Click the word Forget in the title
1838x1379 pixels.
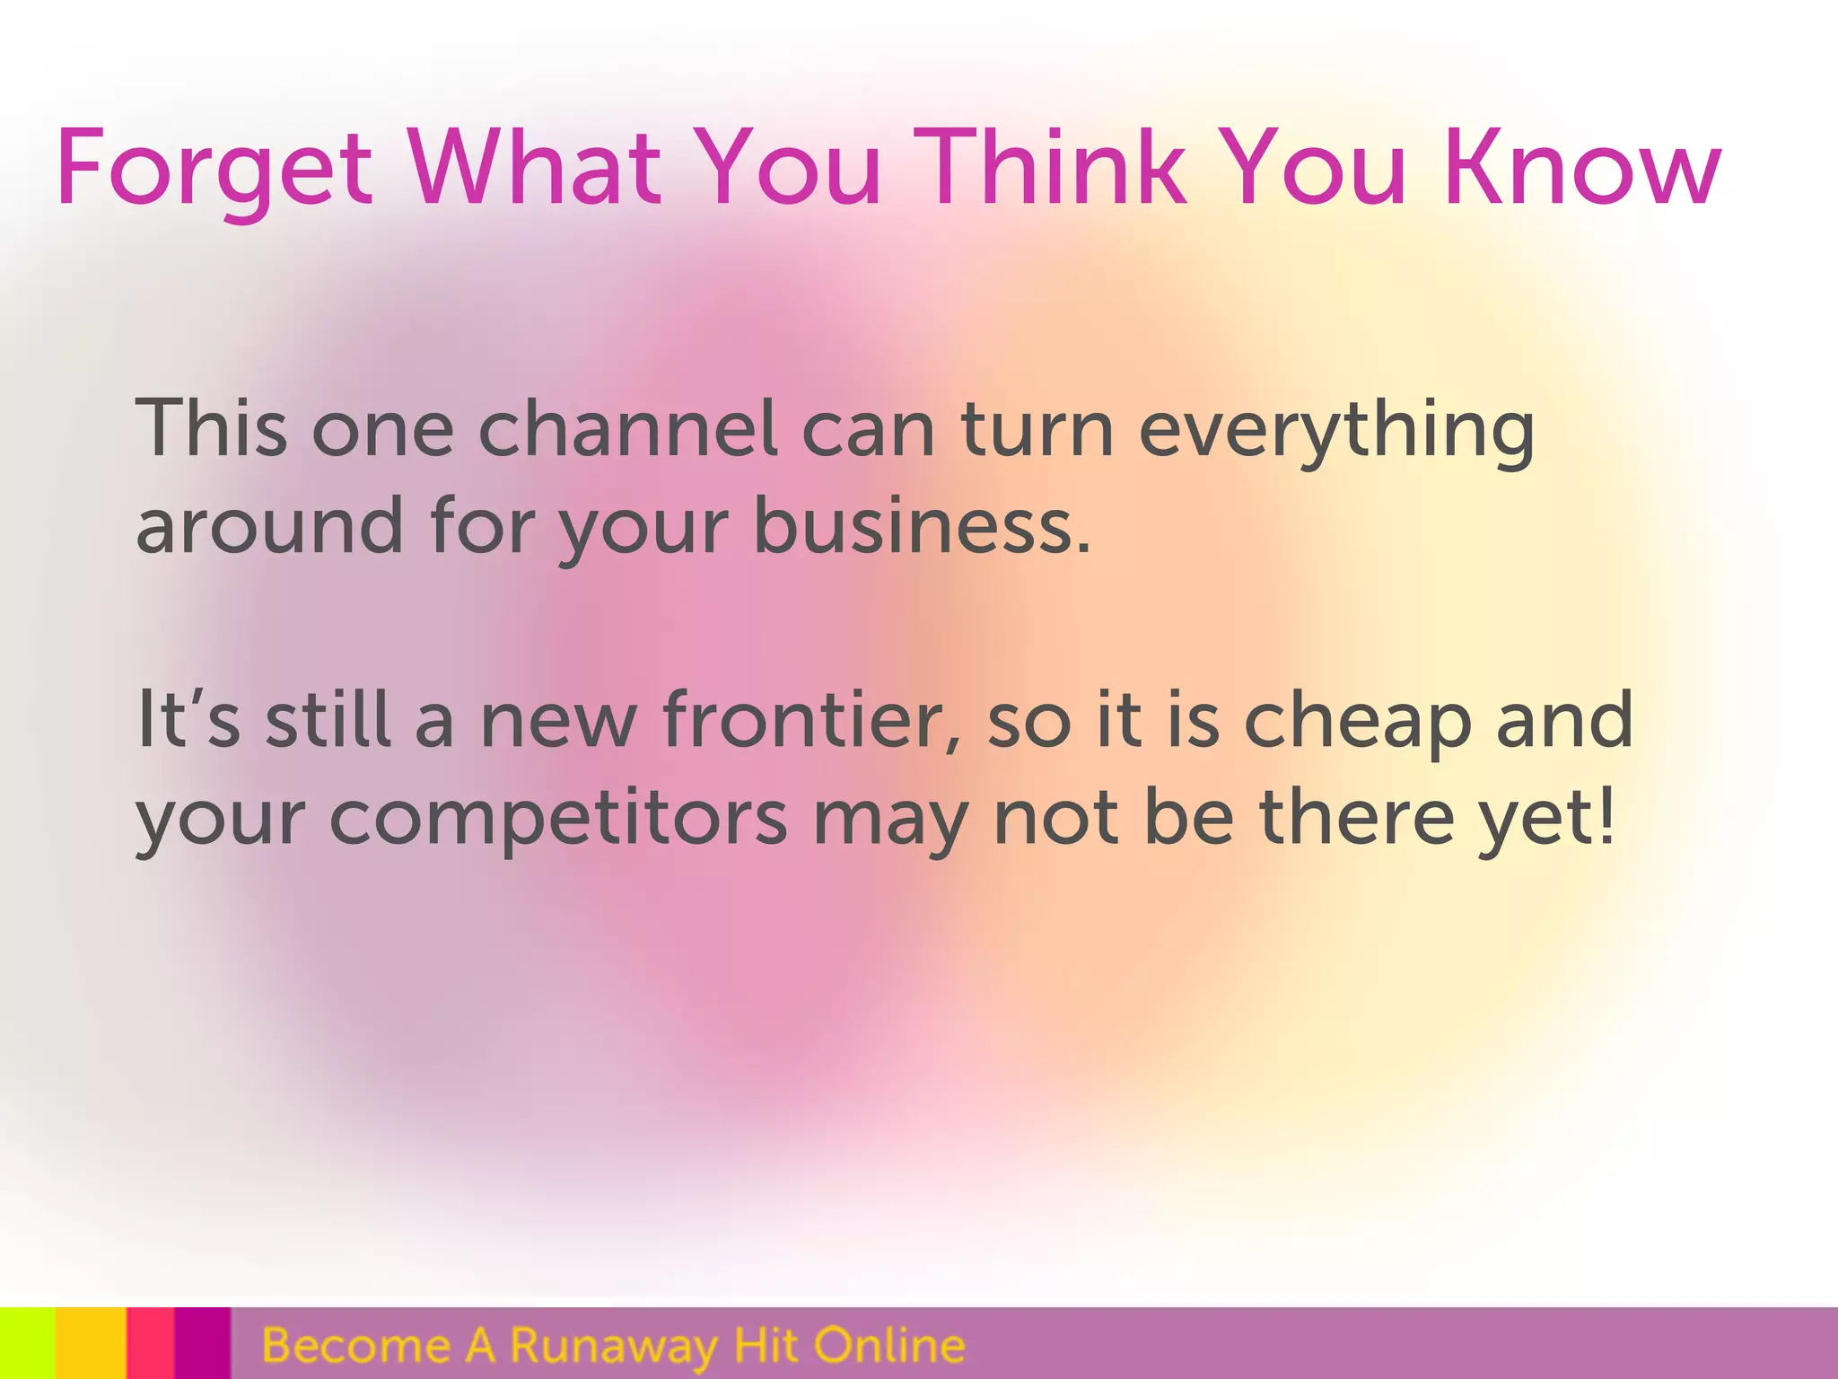(214, 169)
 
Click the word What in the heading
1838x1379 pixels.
(536, 169)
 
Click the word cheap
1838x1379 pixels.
(1357, 723)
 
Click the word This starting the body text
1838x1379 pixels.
(212, 429)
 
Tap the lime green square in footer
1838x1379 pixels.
(27, 1343)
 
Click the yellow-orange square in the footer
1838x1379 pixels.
(91, 1343)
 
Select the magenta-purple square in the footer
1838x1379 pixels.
(203, 1343)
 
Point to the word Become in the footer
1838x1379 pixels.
(356, 1345)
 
